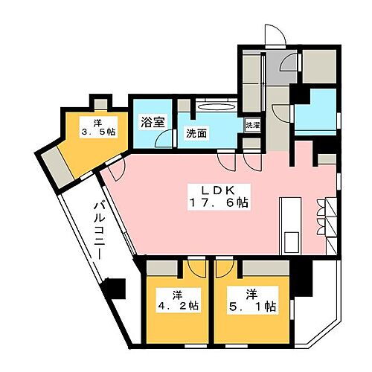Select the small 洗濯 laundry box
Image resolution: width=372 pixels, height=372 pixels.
pos(254,125)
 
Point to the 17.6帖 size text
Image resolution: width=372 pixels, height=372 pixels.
pos(220,202)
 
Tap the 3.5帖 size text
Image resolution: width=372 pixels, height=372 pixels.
pos(98,132)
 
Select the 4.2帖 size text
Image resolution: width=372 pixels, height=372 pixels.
pos(179,304)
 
